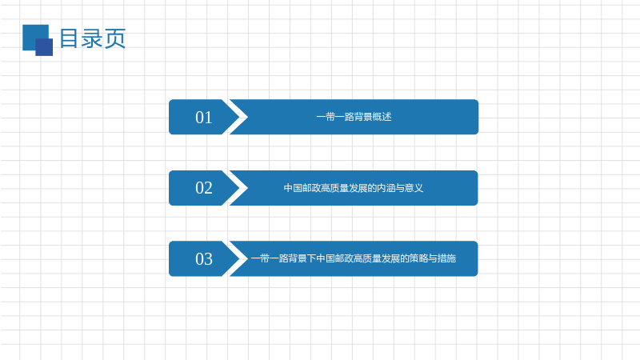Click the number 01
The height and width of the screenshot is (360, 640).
pos(204,118)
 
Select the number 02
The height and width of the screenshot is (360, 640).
pos(204,188)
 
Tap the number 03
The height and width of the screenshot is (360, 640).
pos(204,259)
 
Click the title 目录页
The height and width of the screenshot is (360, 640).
pos(93,38)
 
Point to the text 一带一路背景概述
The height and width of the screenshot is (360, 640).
pos(354,117)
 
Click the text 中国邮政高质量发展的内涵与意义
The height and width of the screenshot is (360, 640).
pos(354,188)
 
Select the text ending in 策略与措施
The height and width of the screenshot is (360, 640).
pos(354,258)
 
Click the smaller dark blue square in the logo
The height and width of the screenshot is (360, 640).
pos(44,47)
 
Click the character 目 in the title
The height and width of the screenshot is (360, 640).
pos(69,38)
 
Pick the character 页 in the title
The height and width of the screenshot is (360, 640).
pos(115,38)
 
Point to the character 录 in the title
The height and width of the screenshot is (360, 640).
pos(92,38)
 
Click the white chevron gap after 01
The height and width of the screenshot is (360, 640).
pos(234,117)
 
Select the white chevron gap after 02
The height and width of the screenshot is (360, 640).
pos(234,188)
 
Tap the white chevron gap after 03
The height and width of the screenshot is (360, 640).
pos(234,258)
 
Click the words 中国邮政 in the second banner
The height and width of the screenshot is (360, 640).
pos(302,188)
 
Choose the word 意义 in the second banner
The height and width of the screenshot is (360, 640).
pos(414,188)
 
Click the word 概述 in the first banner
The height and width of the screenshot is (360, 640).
pos(382,117)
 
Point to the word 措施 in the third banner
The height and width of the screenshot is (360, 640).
pos(447,258)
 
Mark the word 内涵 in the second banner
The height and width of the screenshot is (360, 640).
pos(386,188)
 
